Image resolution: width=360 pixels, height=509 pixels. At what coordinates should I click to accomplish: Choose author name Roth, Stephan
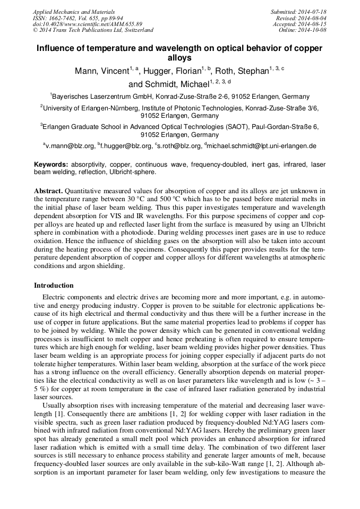point(244,71)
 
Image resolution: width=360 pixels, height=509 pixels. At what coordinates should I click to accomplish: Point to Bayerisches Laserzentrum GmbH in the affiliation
point(98,97)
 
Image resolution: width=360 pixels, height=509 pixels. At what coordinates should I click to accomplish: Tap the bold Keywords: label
point(52,165)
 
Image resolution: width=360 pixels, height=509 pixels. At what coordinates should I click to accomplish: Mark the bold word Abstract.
point(48,191)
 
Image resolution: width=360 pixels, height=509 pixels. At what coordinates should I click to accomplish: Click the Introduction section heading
point(54,285)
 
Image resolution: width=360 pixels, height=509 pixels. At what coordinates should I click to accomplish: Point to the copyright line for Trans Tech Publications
point(93,30)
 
